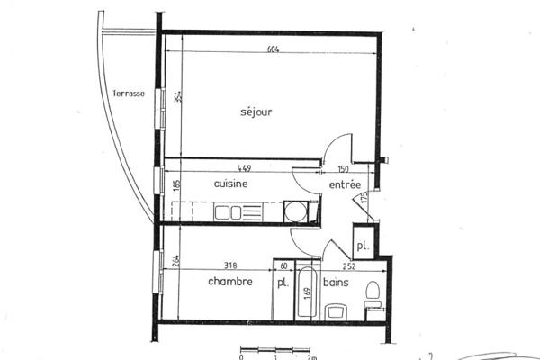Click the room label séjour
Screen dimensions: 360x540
pyautogui.click(x=256, y=112)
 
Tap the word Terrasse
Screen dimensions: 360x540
pyautogui.click(x=129, y=93)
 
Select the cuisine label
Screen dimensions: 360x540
pyautogui.click(x=230, y=183)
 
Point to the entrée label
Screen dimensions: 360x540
pyautogui.click(x=345, y=184)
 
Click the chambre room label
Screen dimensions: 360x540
pyautogui.click(x=229, y=282)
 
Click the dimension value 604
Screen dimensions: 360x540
pyautogui.click(x=274, y=49)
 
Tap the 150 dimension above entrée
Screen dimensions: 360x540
pyautogui.click(x=343, y=167)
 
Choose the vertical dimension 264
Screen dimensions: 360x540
pyautogui.click(x=177, y=262)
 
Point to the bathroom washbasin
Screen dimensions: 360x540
pyautogui.click(x=335, y=311)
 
